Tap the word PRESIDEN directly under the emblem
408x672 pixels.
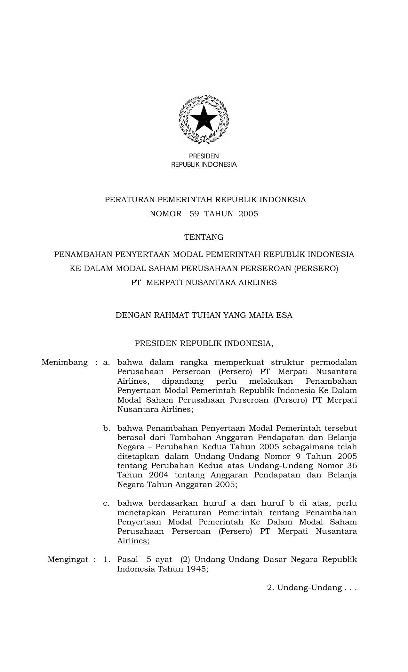coord(204,156)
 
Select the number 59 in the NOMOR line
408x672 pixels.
coord(194,214)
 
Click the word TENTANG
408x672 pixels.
coord(204,237)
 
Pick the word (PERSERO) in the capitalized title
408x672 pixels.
coord(316,268)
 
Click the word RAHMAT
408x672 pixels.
coord(172,315)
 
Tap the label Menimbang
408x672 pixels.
coord(65,363)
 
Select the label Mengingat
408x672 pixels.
coord(68,560)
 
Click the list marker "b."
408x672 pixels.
coord(107,428)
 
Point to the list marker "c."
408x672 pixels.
coord(107,503)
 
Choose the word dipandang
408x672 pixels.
coord(183,381)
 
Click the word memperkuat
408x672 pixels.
coord(239,363)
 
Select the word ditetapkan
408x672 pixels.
coord(137,457)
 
